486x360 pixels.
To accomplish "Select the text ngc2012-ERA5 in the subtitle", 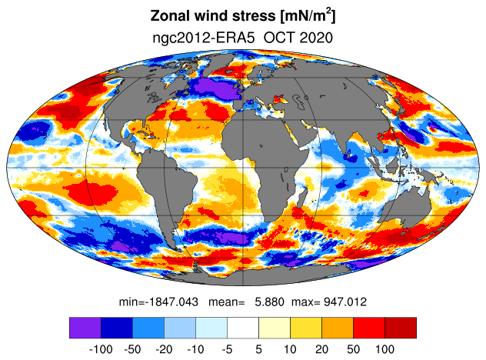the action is pyautogui.click(x=204, y=38).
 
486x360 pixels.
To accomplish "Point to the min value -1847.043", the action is pyautogui.click(x=172, y=302).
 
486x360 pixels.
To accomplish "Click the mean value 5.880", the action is pyautogui.click(x=269, y=302).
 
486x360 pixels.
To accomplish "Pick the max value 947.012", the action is pyautogui.click(x=345, y=302).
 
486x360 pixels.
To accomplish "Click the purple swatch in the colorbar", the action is pyautogui.click(x=85, y=328).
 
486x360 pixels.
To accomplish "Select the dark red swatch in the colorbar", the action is pyautogui.click(x=401, y=328).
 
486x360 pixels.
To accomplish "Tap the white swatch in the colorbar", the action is pyautogui.click(x=243, y=328).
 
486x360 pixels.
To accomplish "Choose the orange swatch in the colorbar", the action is pyautogui.click(x=338, y=328).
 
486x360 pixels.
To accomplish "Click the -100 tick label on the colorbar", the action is pyautogui.click(x=101, y=349).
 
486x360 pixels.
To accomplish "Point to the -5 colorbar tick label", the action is pyautogui.click(x=227, y=349).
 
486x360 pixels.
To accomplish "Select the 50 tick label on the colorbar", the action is pyautogui.click(x=353, y=349).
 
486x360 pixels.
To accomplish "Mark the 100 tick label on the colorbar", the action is pyautogui.click(x=384, y=349).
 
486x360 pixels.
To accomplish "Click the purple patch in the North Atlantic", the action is pyautogui.click(x=214, y=88).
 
